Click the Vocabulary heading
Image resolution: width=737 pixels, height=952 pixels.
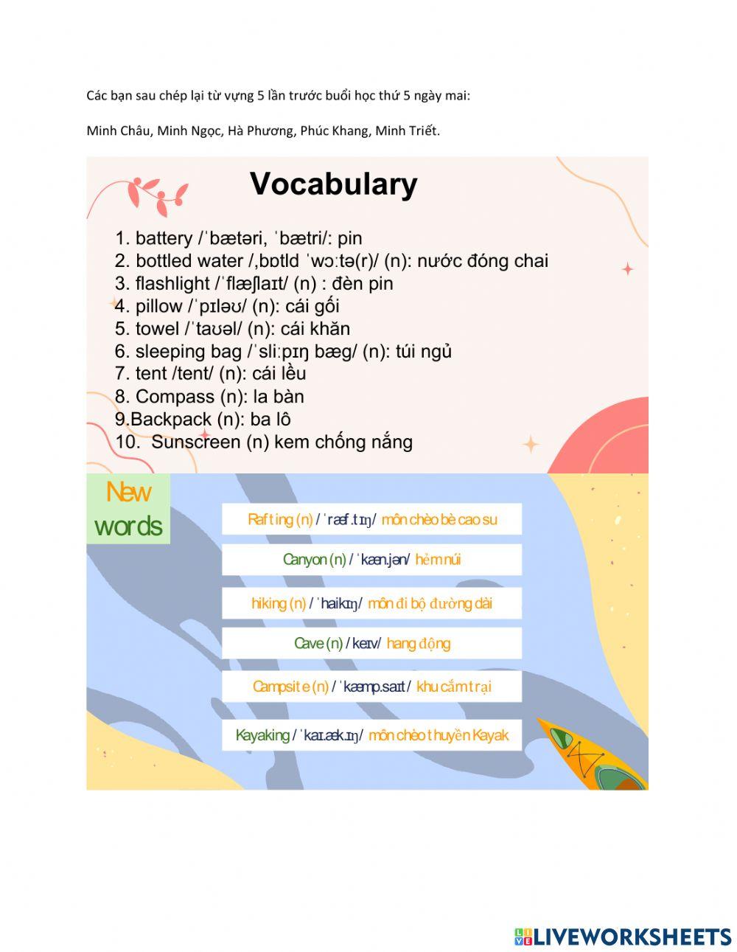coord(334,184)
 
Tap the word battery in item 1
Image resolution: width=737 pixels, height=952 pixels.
coord(164,238)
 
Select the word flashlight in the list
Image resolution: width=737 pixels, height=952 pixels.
coord(172,283)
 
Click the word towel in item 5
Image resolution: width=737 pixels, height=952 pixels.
coord(157,329)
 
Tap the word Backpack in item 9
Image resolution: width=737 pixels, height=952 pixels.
coord(171,420)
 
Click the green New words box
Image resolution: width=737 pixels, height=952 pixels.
coord(128,509)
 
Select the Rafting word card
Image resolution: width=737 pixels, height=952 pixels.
coord(371,519)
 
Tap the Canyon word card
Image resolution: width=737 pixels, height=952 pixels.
coord(371,560)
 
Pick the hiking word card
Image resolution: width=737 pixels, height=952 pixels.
coord(371,603)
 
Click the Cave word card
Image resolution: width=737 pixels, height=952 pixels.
coord(371,643)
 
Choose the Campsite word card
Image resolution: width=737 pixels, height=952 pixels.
coord(371,687)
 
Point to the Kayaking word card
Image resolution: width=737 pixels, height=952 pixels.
coord(371,735)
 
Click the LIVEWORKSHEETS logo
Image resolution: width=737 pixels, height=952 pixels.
coord(622,937)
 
